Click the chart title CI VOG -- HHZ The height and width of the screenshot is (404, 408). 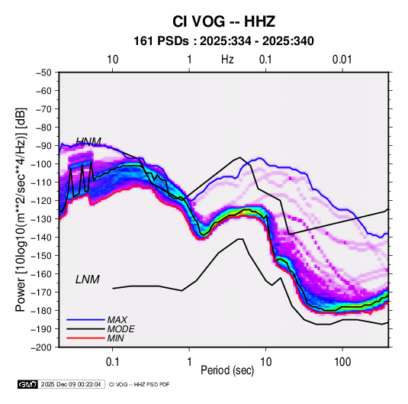point(223,21)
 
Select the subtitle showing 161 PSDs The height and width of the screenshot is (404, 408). point(223,41)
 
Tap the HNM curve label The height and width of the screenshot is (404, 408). point(88,141)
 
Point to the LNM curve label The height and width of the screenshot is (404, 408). point(88,280)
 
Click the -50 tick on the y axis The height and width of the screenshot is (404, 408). point(43,73)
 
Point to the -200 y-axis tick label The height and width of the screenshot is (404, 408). point(41,347)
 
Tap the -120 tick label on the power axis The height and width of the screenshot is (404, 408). point(41,201)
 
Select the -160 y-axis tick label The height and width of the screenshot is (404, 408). point(41,274)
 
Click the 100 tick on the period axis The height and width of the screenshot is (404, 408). point(342,362)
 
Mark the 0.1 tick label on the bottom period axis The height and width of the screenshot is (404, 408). point(112,362)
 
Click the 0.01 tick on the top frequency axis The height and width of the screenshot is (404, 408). point(342,60)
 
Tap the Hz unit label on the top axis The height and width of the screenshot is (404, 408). point(227,60)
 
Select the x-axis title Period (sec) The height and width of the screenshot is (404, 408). point(227,370)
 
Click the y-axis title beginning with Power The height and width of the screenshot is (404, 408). point(21,210)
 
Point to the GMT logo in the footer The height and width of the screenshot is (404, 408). point(28,384)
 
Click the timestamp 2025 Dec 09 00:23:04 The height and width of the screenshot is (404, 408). point(71,384)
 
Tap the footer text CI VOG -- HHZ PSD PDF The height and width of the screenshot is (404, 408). point(140,384)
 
